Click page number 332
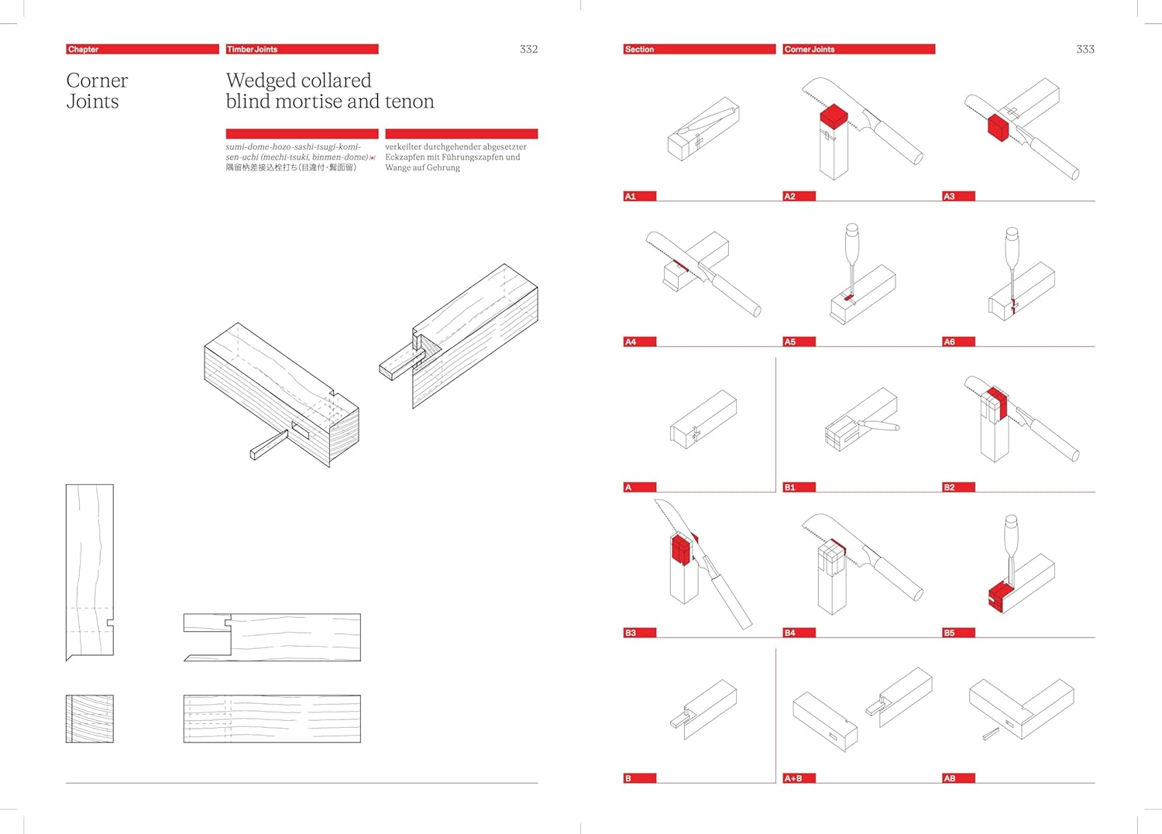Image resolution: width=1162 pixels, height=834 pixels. point(528,49)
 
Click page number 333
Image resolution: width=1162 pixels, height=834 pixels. point(1085,49)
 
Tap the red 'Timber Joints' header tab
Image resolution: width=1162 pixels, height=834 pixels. point(301,49)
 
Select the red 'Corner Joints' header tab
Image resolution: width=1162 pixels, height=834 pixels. point(858,49)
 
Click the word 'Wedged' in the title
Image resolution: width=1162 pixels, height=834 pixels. point(260,81)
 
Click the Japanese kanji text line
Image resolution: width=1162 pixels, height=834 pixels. point(290,167)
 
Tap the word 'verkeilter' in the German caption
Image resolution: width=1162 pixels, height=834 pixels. point(403,146)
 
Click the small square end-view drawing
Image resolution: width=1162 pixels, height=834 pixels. point(89,719)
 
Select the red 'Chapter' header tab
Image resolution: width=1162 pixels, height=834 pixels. point(142,49)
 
